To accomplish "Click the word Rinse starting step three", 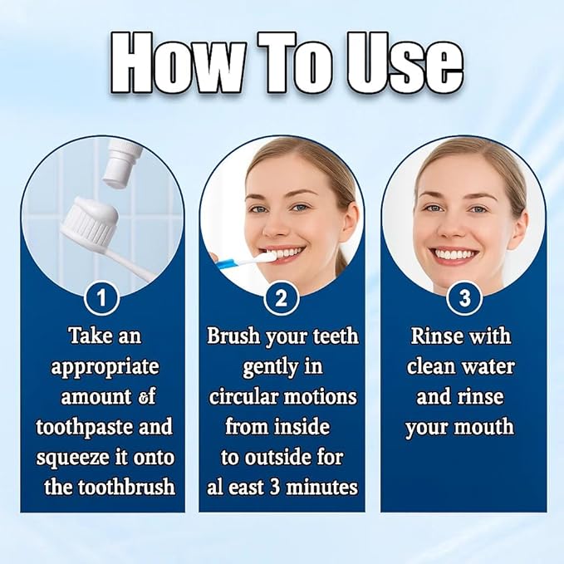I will tap(439, 336).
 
